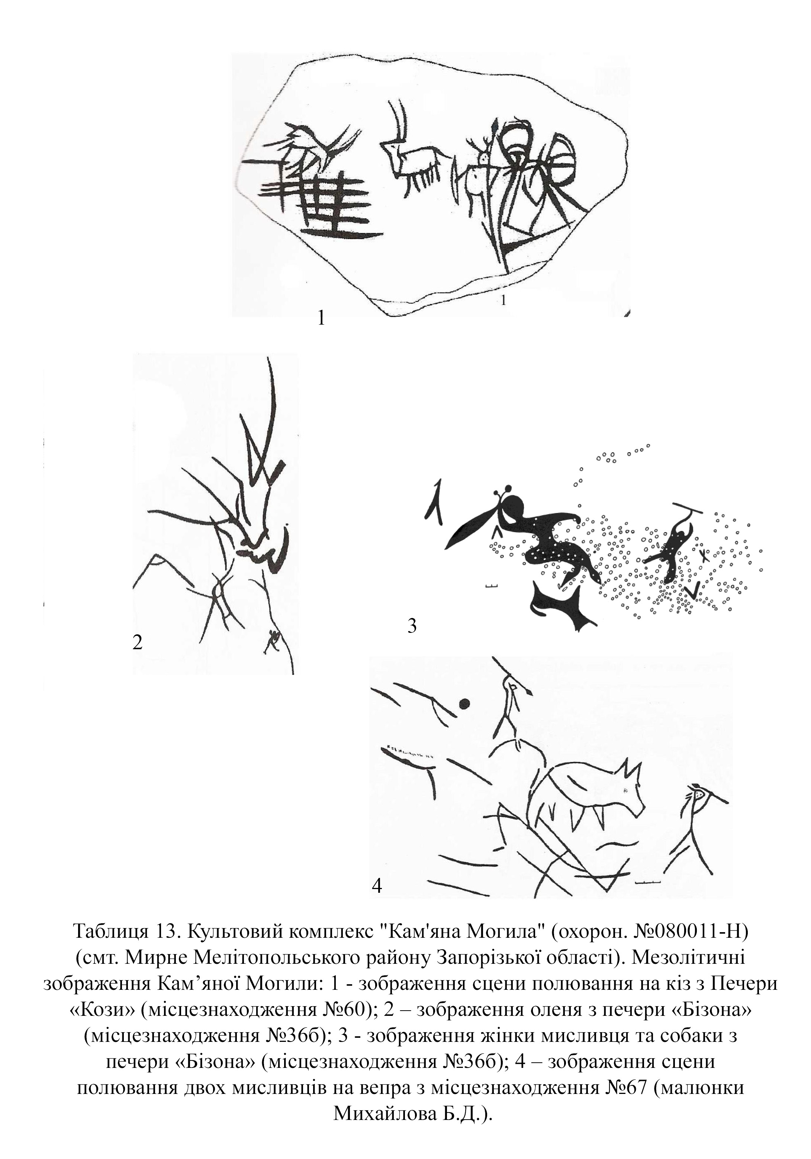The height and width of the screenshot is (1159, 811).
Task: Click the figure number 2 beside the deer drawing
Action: tap(137, 642)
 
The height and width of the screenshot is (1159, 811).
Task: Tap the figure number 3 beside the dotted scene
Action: tap(412, 626)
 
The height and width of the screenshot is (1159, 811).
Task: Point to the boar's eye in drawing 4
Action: tap(625, 790)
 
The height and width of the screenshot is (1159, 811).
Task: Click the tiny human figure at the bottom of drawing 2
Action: tap(273, 641)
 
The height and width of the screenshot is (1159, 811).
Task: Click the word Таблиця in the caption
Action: tap(110, 930)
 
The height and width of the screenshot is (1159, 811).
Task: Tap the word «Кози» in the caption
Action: tap(102, 1009)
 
